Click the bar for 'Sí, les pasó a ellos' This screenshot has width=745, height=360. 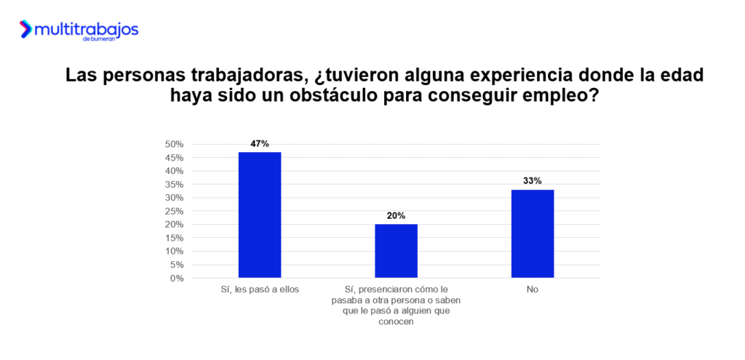260,215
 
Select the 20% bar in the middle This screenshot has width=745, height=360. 396,251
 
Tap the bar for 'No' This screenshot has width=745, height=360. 533,233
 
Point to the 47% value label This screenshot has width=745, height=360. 260,144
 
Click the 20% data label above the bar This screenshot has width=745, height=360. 396,216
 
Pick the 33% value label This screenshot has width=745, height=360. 533,181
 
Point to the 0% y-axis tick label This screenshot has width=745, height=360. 176,278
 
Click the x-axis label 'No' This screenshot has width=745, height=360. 533,289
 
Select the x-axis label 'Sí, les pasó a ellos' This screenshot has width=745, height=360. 260,289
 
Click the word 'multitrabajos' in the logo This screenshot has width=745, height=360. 86,28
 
